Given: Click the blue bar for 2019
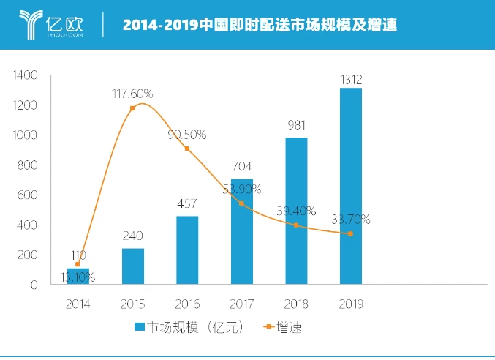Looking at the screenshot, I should click(350, 186).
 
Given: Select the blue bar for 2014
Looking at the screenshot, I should click(78, 276).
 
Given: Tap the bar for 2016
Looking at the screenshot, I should click(187, 250).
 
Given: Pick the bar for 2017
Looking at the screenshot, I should click(242, 231).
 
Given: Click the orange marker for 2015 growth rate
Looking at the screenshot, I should click(132, 108).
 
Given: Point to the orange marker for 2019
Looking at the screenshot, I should click(350, 234).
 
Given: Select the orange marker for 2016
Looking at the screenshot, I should click(187, 149).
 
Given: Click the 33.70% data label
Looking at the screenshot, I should click(350, 219).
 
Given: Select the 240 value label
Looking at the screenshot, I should click(132, 236).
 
